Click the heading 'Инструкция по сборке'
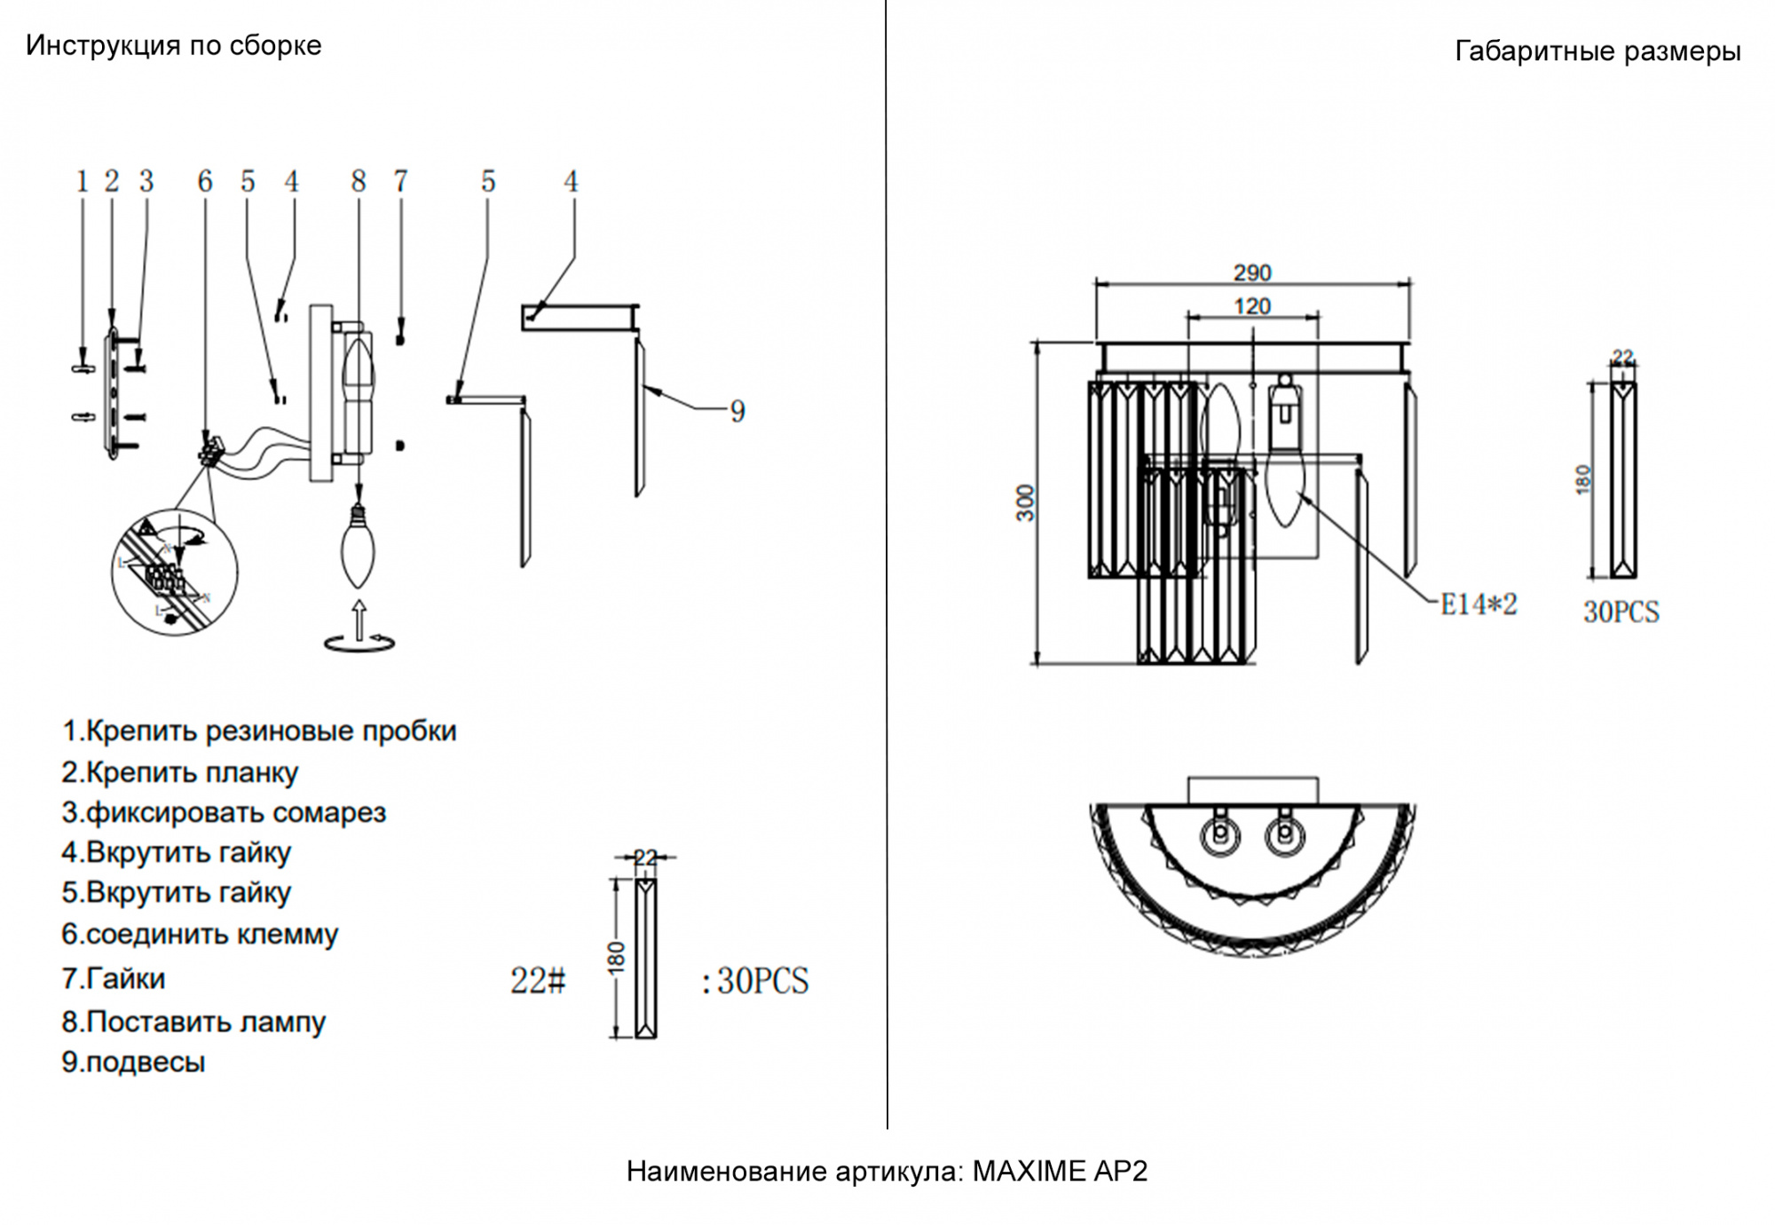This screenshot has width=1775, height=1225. [x=173, y=45]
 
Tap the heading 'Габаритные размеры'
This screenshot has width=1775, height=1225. [x=1597, y=51]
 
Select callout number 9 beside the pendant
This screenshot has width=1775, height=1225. [x=738, y=411]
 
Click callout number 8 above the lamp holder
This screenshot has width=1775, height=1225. [x=359, y=181]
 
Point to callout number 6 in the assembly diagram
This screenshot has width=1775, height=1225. [x=205, y=181]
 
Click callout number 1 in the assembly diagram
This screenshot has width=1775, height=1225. [x=83, y=181]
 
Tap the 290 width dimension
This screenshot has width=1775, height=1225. [x=1251, y=273]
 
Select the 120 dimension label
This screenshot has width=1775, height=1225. [x=1251, y=306]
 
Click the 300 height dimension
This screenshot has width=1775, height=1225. [x=1026, y=502]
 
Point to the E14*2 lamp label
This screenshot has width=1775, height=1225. [x=1478, y=605]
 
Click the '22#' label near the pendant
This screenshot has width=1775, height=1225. [x=537, y=981]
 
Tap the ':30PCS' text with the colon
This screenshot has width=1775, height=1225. [x=755, y=981]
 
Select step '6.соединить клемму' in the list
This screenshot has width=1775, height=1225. [x=200, y=934]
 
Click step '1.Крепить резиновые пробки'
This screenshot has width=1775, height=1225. [x=258, y=731]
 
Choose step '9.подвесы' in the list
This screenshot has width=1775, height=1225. [x=133, y=1062]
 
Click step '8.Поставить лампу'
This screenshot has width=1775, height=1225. [x=193, y=1022]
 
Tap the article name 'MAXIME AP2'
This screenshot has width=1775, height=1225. [x=1060, y=1171]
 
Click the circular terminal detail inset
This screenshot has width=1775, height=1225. [x=174, y=573]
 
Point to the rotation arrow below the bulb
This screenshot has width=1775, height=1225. [x=359, y=642]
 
